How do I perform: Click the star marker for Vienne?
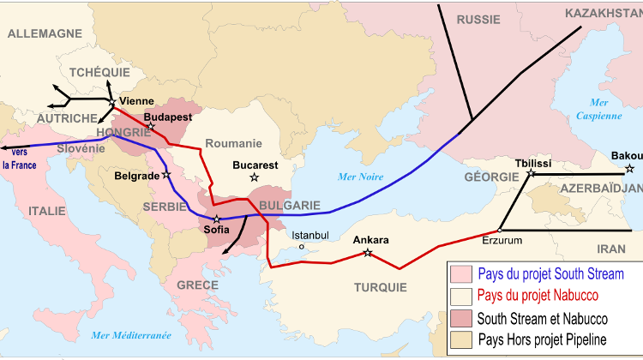click(x=112, y=102)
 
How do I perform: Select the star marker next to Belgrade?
click(x=166, y=174)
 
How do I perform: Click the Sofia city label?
click(x=216, y=231)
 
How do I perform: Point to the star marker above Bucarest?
click(x=254, y=177)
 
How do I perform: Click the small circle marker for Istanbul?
click(x=301, y=247)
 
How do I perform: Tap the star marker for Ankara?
click(x=368, y=252)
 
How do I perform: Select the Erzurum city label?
click(x=502, y=240)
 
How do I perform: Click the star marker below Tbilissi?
click(x=531, y=174)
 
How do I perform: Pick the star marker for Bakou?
click(x=630, y=168)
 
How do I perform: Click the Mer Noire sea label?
click(x=361, y=177)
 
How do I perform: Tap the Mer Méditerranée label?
click(x=130, y=334)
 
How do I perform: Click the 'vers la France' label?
click(x=19, y=159)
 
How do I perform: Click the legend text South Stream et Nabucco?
click(x=548, y=317)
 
